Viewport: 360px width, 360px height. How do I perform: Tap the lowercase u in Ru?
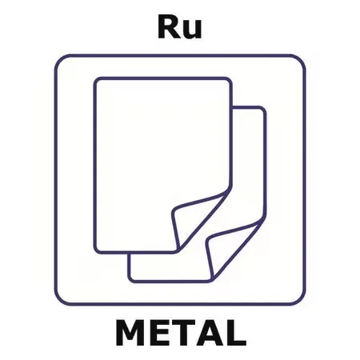[192, 30]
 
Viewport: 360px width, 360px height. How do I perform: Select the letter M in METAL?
[130, 333]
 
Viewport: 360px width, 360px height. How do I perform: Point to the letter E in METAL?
[158, 333]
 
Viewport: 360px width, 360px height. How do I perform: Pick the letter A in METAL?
[208, 333]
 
